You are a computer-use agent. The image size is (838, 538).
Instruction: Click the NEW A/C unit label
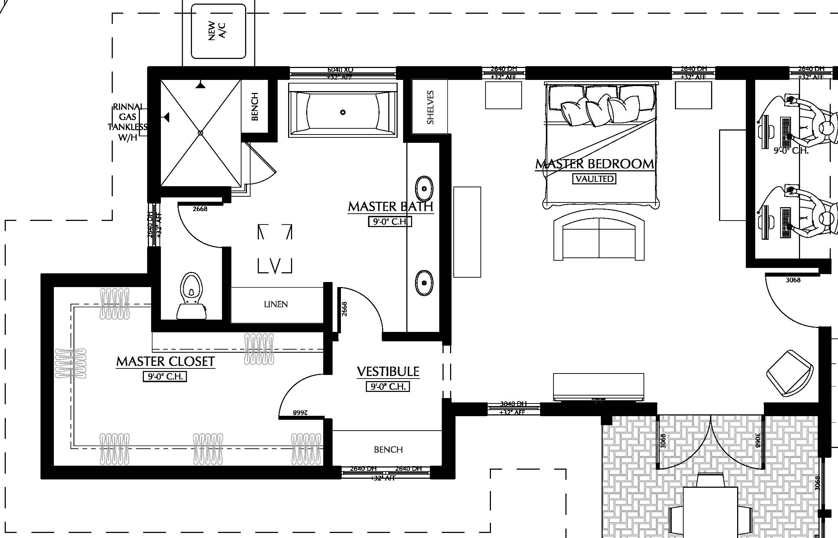[x=217, y=31]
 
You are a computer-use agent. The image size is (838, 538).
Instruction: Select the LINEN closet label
[x=276, y=304]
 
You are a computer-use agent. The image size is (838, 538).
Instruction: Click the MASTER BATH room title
[x=390, y=207]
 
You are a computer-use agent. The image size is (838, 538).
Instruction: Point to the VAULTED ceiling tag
[x=594, y=179]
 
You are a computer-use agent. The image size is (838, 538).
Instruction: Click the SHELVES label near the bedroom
[x=430, y=107]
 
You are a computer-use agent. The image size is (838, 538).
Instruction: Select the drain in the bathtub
[x=343, y=112]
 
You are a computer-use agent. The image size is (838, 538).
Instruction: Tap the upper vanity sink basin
[x=424, y=189]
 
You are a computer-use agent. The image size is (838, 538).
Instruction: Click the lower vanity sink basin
[x=424, y=283]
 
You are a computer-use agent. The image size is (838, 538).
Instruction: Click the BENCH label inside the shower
[x=255, y=106]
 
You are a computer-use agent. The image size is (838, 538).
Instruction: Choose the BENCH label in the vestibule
[x=388, y=449]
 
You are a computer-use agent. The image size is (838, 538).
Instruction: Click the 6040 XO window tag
[x=340, y=69]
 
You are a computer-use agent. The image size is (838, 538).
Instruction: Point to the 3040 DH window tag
[x=513, y=404]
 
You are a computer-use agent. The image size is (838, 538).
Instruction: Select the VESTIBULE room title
[x=388, y=372]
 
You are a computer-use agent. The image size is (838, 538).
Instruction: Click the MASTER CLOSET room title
[x=166, y=362]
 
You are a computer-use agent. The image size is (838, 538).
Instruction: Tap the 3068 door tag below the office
[x=793, y=280]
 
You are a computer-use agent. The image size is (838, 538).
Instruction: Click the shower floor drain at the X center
[x=201, y=133]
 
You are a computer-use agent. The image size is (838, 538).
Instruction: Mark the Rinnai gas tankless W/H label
[x=128, y=122]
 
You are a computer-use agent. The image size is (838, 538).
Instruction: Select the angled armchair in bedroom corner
[x=790, y=373]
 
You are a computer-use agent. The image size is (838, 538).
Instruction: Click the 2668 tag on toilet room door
[x=200, y=209]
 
